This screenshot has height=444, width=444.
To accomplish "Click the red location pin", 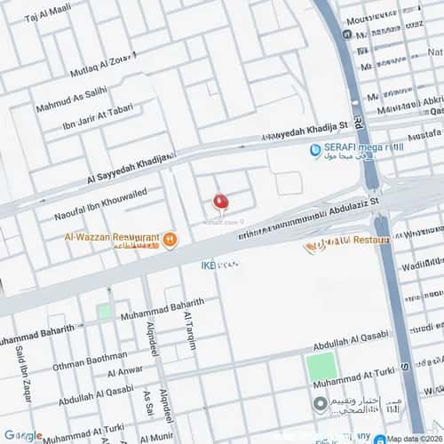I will pos(221,203).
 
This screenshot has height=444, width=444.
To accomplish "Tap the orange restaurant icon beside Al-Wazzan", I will pos(170,239).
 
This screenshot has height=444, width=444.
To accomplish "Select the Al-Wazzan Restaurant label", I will pos(112,237).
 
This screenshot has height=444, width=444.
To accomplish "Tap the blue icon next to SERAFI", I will pos(315,151).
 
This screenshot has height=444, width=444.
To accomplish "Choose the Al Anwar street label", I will pos(124,370).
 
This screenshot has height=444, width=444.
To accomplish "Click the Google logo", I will pos(22,436).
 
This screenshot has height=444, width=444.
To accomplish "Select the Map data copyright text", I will pos(414,438).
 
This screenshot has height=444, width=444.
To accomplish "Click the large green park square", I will pos(321,367).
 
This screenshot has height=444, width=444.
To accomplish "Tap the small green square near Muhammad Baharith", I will pos(105,312).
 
